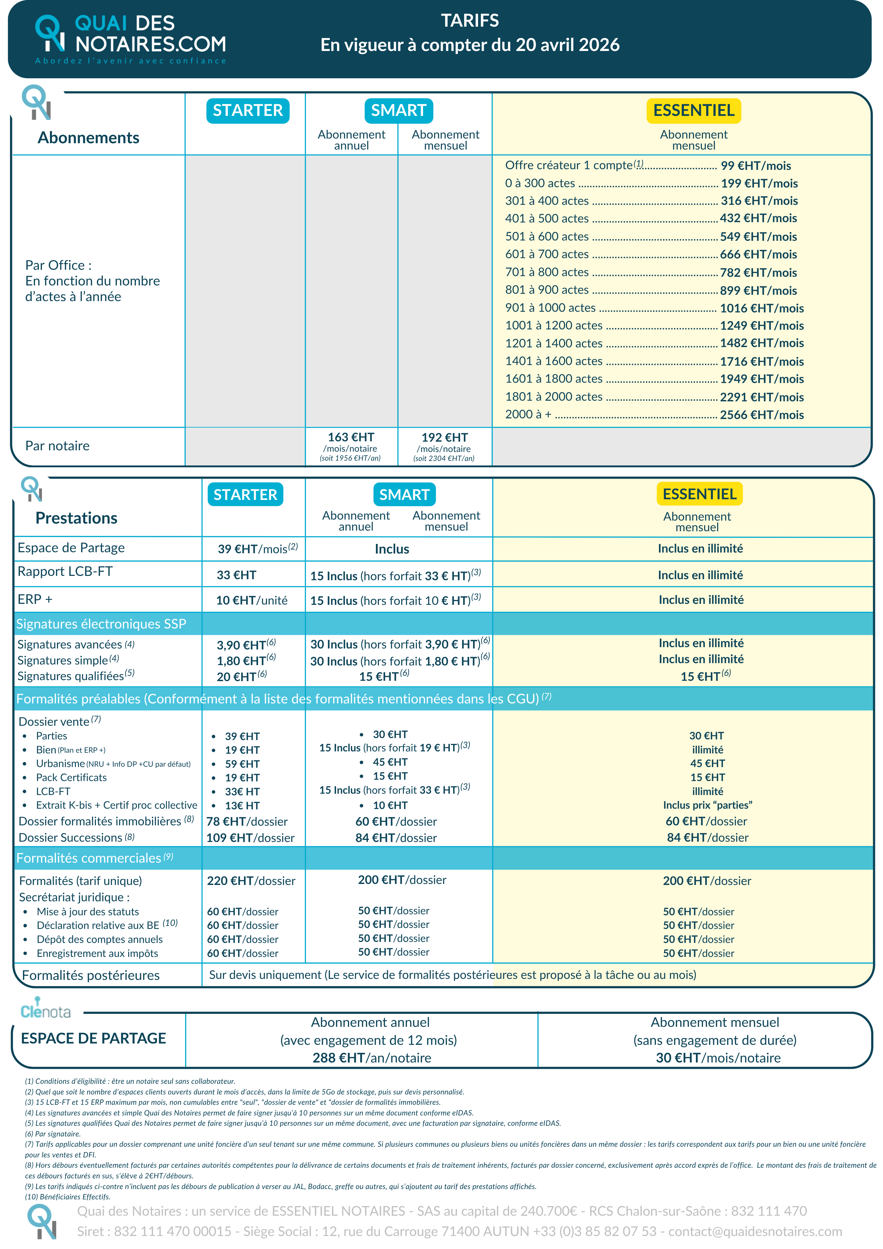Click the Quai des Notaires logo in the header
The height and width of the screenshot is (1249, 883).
(x=131, y=38)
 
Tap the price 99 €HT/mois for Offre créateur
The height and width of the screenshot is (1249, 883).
(x=755, y=166)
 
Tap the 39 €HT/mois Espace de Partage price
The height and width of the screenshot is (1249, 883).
(x=258, y=549)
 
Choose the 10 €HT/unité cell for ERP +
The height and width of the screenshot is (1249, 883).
(x=252, y=601)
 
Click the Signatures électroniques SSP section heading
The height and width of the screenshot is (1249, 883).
(x=101, y=624)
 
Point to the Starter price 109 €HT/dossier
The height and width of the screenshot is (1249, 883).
(x=250, y=838)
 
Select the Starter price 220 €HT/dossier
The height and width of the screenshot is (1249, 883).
(x=251, y=881)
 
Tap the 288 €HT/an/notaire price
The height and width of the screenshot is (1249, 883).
(x=371, y=1057)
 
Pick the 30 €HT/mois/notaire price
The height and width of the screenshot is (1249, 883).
(x=718, y=1057)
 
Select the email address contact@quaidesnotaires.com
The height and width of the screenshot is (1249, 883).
(x=755, y=1231)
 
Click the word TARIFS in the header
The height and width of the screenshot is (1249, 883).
(x=470, y=21)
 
